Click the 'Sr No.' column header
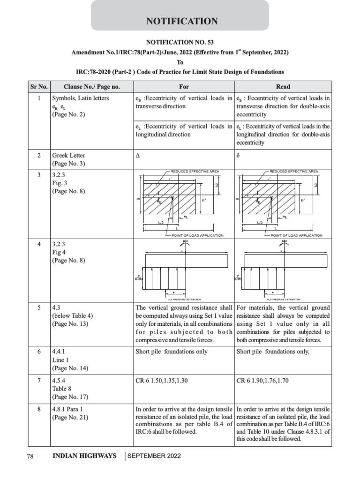[x=39, y=87]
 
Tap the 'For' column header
[x=184, y=87]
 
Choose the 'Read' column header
[x=283, y=87]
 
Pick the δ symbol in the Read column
[x=238, y=155]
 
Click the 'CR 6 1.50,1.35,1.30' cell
[x=161, y=380]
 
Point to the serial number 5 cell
[x=39, y=308]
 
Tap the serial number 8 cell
[x=39, y=409]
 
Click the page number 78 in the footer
[x=31, y=456]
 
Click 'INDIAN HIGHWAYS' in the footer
[x=84, y=456]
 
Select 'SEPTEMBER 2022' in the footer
[x=154, y=456]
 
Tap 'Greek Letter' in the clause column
[x=68, y=155]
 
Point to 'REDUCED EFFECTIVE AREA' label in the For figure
[x=195, y=172]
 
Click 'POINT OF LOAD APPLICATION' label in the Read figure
[x=297, y=235]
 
